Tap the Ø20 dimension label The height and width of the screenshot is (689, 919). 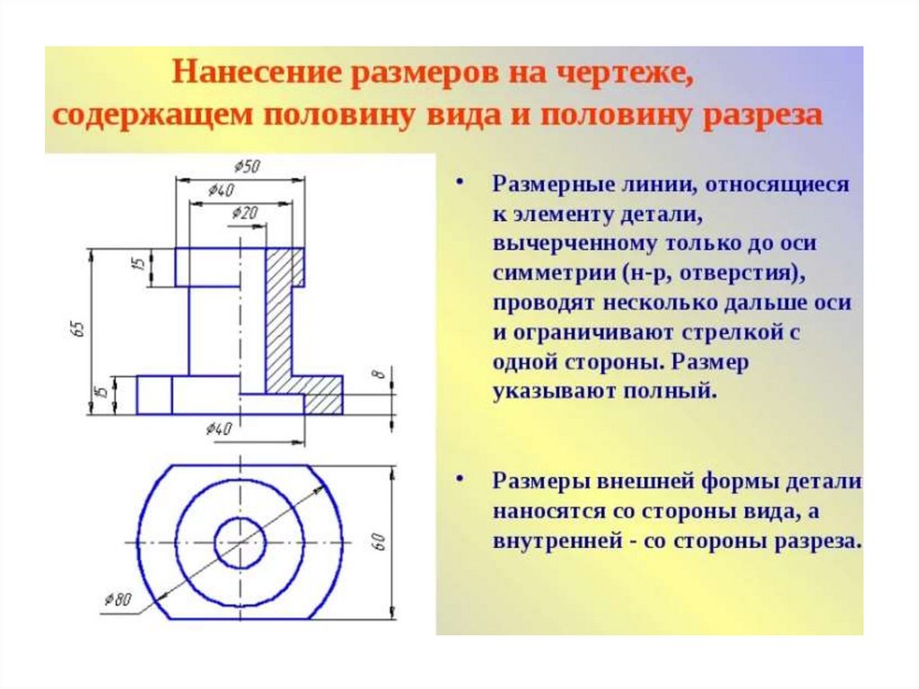click(245, 213)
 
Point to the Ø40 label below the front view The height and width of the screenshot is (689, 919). click(218, 428)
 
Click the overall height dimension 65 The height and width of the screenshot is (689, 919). click(78, 329)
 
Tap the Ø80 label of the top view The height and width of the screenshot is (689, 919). click(118, 599)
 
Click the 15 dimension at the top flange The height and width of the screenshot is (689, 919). click(138, 266)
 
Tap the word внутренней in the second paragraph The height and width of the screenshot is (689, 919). click(550, 542)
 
